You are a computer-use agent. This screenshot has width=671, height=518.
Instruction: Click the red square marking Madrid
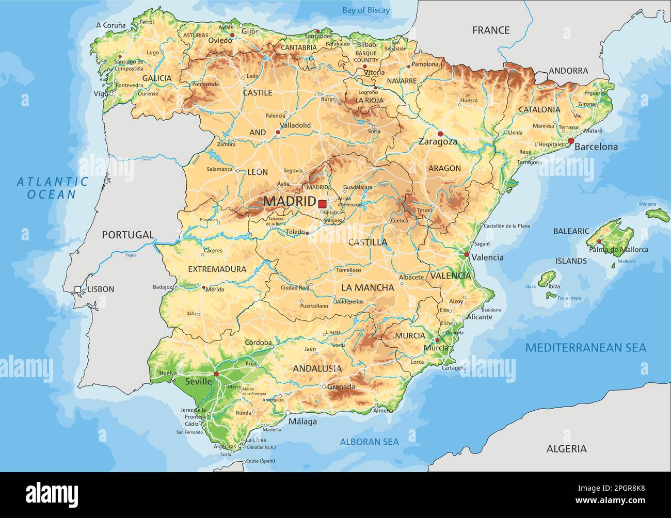(322, 204)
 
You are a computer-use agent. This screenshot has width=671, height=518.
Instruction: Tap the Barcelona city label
(596, 147)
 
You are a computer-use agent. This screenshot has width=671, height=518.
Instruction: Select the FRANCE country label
(490, 30)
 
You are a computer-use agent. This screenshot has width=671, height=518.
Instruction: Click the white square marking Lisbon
(77, 289)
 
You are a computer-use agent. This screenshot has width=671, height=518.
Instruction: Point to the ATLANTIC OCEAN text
(52, 188)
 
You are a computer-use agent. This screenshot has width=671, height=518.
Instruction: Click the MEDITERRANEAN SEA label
(585, 348)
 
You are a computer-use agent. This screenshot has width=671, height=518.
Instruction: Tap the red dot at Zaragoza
(440, 134)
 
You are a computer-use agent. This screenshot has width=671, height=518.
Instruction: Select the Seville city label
(198, 382)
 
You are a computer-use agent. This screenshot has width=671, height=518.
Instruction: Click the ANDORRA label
(568, 71)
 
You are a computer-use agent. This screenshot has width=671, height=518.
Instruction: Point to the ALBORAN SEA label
(369, 442)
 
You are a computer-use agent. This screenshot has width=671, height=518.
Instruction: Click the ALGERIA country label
(566, 449)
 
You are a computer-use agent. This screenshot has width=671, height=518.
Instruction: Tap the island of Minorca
(658, 214)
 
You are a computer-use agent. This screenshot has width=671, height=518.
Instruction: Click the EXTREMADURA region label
(217, 269)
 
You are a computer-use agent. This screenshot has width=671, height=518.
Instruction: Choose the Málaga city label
(302, 422)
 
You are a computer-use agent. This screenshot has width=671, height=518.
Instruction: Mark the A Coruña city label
(111, 25)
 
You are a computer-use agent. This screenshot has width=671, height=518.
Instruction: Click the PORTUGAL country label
(127, 235)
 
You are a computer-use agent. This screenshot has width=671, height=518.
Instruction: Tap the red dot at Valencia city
(467, 255)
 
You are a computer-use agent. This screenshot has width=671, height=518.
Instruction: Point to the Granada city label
(341, 387)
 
